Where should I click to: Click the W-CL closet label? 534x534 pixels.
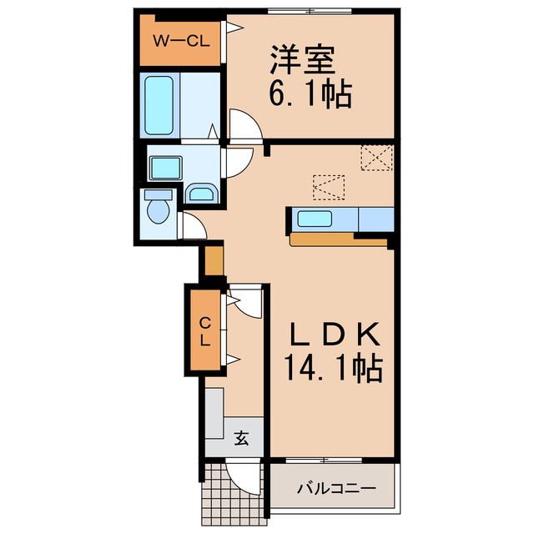click(180, 38)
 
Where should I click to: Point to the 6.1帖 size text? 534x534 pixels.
click(310, 93)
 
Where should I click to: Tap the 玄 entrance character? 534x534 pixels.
click(241, 437)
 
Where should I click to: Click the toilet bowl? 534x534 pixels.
click(157, 209)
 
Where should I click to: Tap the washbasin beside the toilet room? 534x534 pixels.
click(201, 194)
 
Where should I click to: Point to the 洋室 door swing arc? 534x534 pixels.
click(245, 126)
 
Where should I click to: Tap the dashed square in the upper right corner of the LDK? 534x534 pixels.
click(375, 157)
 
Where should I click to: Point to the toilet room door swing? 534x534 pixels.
click(190, 226)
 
